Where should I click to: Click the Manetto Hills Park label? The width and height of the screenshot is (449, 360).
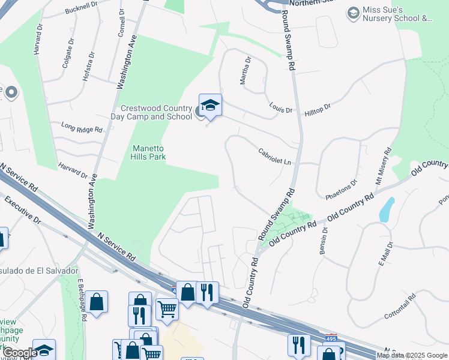(148, 152)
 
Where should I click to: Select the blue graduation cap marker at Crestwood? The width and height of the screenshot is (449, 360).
(210, 106)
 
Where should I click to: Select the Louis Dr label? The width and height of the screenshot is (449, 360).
(280, 109)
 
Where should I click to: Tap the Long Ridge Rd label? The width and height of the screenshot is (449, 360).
(82, 128)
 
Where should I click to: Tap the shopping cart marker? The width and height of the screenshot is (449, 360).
(167, 310)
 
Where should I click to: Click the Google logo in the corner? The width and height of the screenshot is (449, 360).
(19, 353)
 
